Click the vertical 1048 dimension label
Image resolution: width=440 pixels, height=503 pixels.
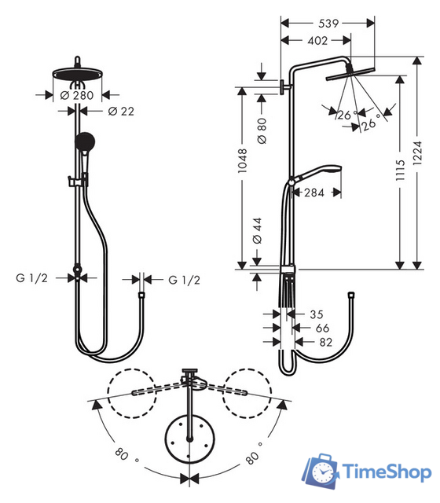point(244,166)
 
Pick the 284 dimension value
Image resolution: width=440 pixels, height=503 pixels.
point(313,192)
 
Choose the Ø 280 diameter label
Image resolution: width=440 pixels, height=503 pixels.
point(77,95)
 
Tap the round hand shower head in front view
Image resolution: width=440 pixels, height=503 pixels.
point(83,141)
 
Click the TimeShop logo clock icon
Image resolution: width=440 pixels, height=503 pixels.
point(322,471)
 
